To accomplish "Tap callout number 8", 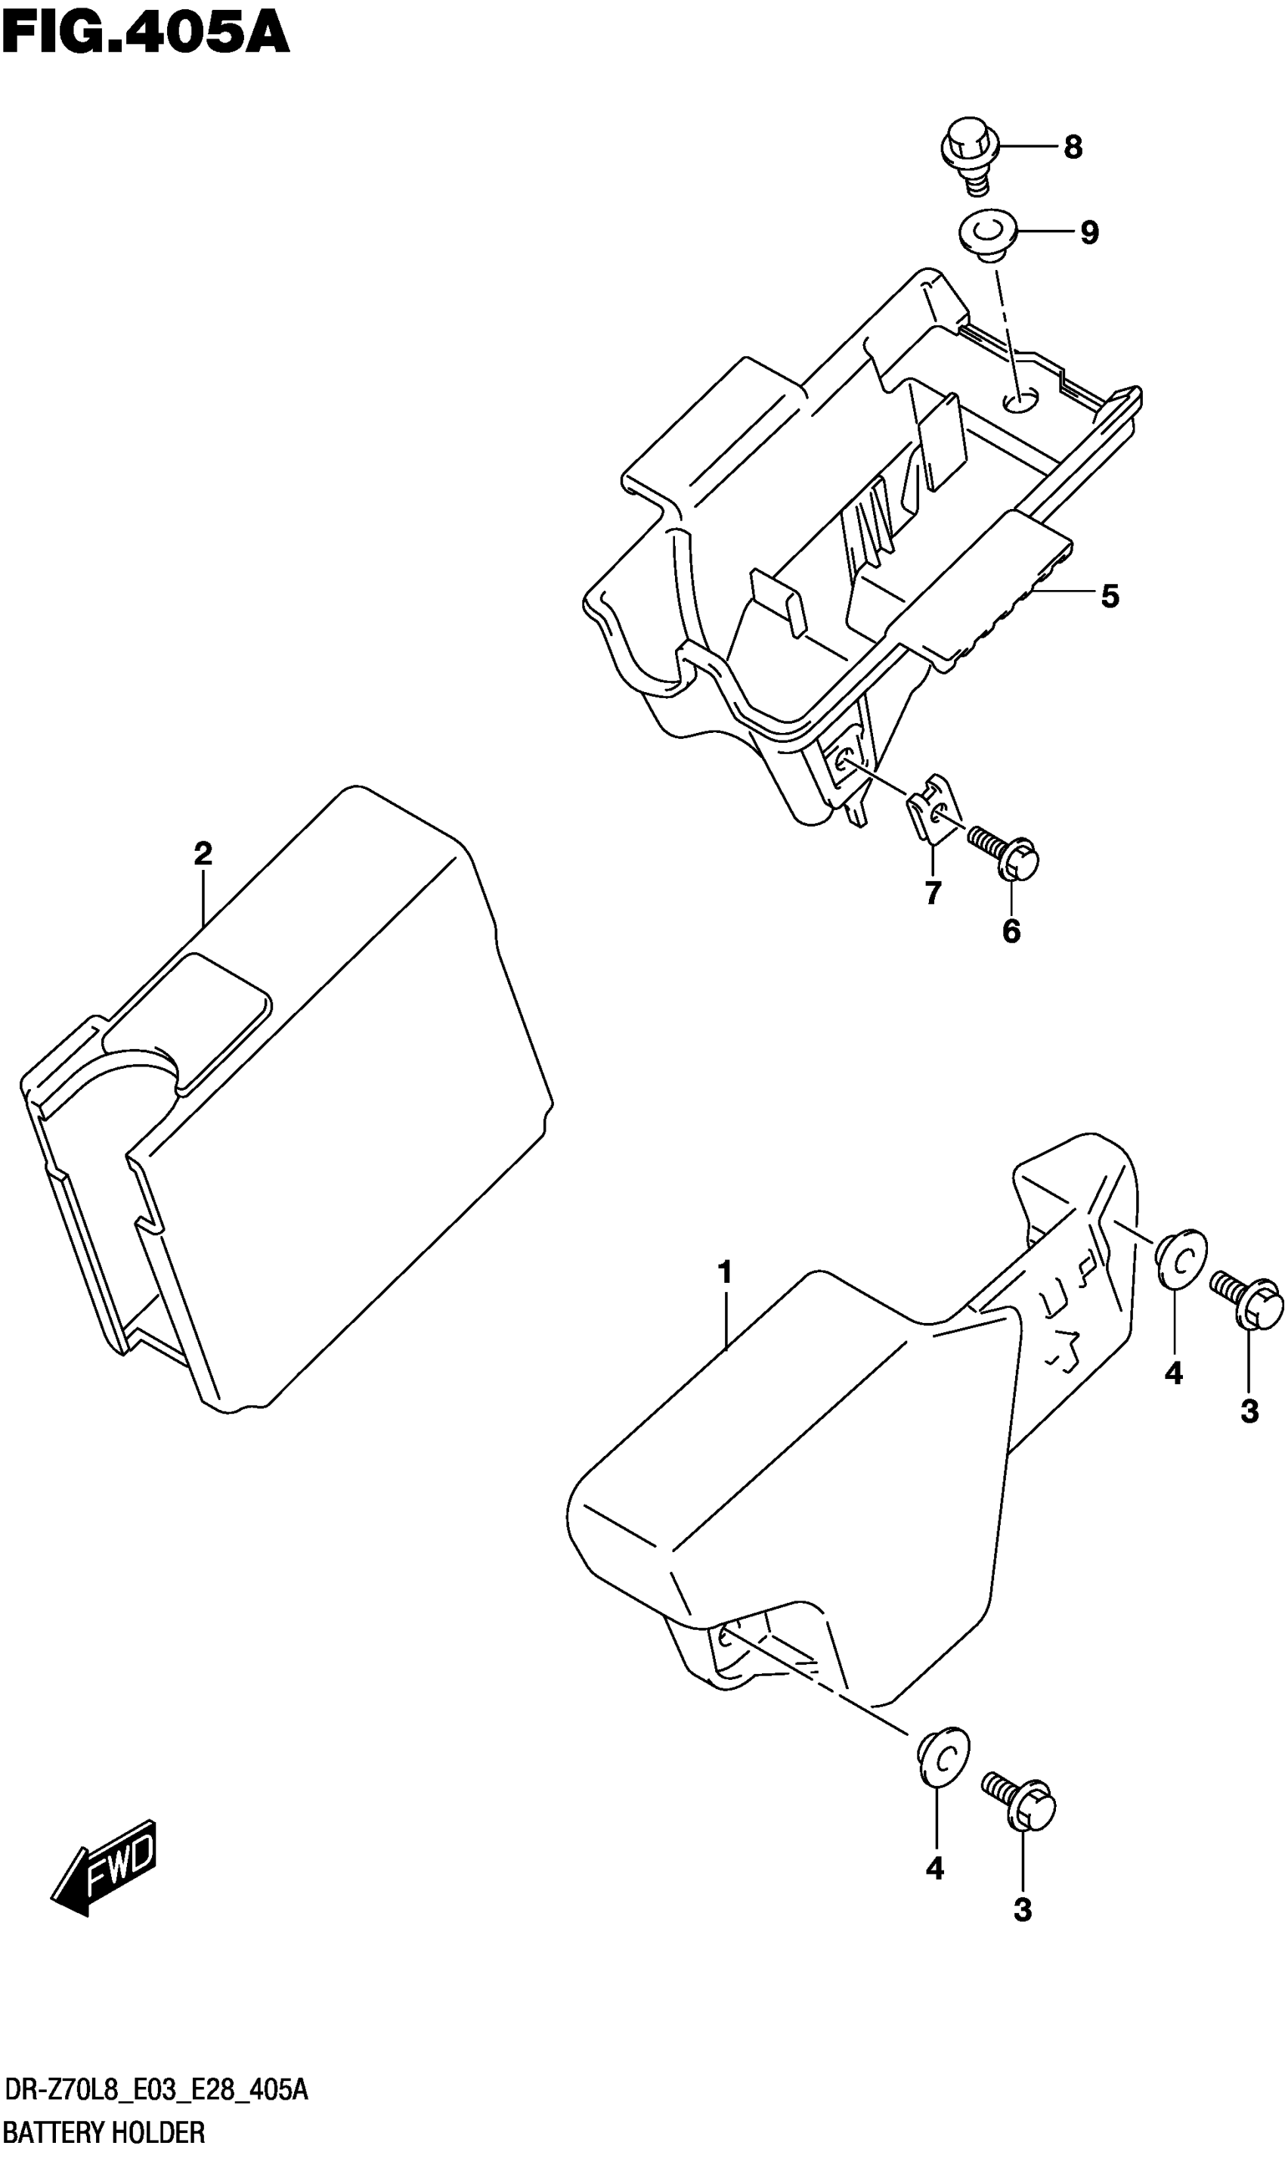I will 1073,148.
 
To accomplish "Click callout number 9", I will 1089,232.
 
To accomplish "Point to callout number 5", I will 1109,596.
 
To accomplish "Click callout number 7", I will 933,893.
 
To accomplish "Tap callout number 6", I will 1011,931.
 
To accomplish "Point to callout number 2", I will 203,854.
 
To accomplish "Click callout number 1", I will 725,1272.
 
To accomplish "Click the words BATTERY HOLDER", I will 104,2132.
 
